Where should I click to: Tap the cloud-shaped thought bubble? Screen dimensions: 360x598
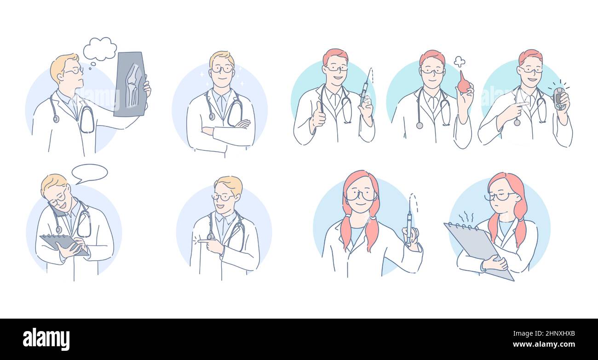point(99,49)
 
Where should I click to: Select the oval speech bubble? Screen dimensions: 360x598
point(90,173)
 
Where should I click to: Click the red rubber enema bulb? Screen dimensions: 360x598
point(463,84)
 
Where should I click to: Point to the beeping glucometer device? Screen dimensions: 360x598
point(558,98)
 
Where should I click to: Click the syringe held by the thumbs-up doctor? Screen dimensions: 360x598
point(364,91)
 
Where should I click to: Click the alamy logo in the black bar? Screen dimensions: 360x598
point(46,339)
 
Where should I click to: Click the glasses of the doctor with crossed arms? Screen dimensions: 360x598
point(222,69)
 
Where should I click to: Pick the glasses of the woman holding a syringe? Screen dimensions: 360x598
point(361,195)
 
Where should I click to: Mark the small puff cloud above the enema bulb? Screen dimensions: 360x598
point(459,61)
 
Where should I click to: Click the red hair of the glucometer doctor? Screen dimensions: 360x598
point(530,56)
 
